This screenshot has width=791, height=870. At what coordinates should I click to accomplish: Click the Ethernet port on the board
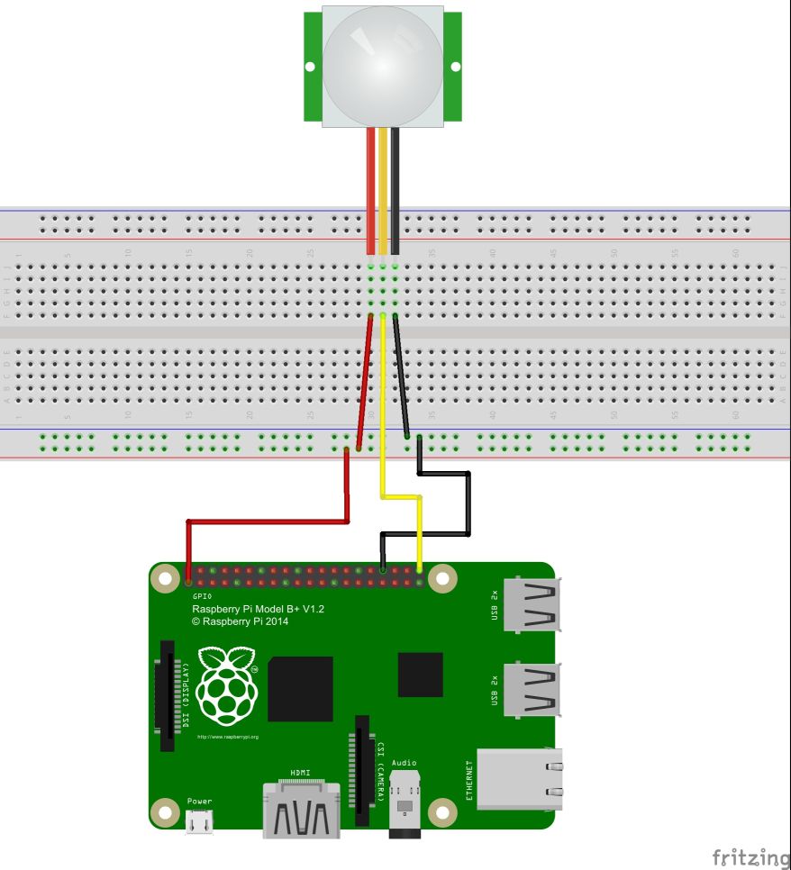tap(519, 780)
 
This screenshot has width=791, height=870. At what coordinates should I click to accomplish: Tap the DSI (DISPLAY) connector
tap(168, 695)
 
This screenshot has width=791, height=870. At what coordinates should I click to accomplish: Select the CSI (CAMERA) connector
tap(362, 770)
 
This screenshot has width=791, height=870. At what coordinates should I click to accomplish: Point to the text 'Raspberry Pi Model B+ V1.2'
tap(258, 610)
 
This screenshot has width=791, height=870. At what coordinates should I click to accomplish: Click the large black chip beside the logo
tap(300, 689)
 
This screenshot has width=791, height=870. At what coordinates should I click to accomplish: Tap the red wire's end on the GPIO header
tap(187, 571)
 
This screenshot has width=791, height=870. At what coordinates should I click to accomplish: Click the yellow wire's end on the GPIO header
tap(420, 570)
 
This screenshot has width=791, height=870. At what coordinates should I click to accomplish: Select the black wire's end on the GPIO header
tap(383, 570)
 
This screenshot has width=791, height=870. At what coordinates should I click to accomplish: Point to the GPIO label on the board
tap(202, 596)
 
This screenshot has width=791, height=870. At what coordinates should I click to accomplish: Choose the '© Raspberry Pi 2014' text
tap(241, 621)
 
